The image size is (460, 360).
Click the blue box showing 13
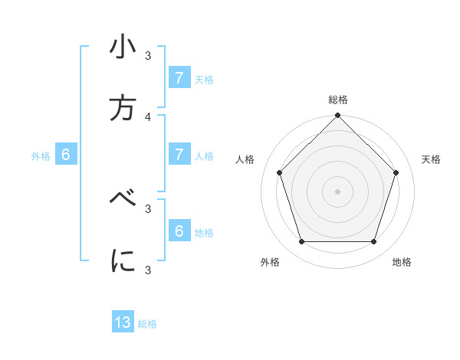pyautogui.click(x=123, y=322)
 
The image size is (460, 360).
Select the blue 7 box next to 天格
pyautogui.click(x=179, y=78)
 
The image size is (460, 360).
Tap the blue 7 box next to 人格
pyautogui.click(x=179, y=155)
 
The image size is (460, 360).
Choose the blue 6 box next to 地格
pyautogui.click(x=179, y=231)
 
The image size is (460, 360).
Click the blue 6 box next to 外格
pyautogui.click(x=66, y=155)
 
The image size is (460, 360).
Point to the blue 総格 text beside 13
pyautogui.click(x=147, y=324)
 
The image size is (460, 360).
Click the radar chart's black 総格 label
pyautogui.click(x=338, y=100)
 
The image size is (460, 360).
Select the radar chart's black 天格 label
pyautogui.click(x=431, y=159)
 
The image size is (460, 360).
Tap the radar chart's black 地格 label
pyautogui.click(x=402, y=262)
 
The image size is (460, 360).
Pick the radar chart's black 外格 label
pyautogui.click(x=270, y=262)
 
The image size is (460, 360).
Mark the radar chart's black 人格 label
pyautogui.click(x=245, y=159)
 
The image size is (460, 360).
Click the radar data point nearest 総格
pyautogui.click(x=338, y=116)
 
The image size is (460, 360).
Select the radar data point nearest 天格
pyautogui.click(x=396, y=172)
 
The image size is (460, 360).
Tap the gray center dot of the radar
pyautogui.click(x=338, y=191)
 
